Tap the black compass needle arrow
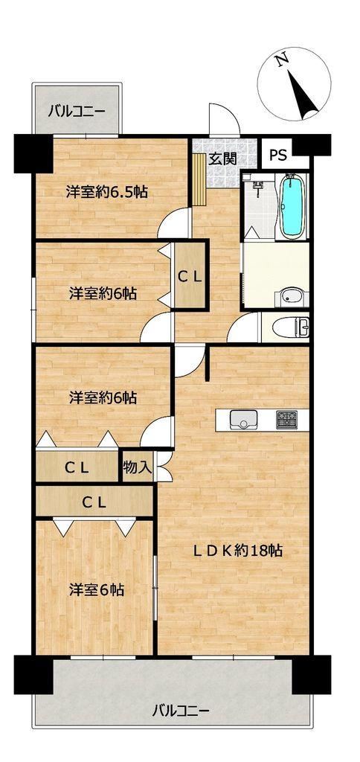[303, 95]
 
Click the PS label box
[278, 155]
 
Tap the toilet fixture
[291, 327]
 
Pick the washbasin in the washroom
[291, 296]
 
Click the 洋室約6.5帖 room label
[107, 192]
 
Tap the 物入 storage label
[138, 467]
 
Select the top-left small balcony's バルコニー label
[77, 112]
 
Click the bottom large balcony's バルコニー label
[181, 711]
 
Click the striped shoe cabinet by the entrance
[199, 180]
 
